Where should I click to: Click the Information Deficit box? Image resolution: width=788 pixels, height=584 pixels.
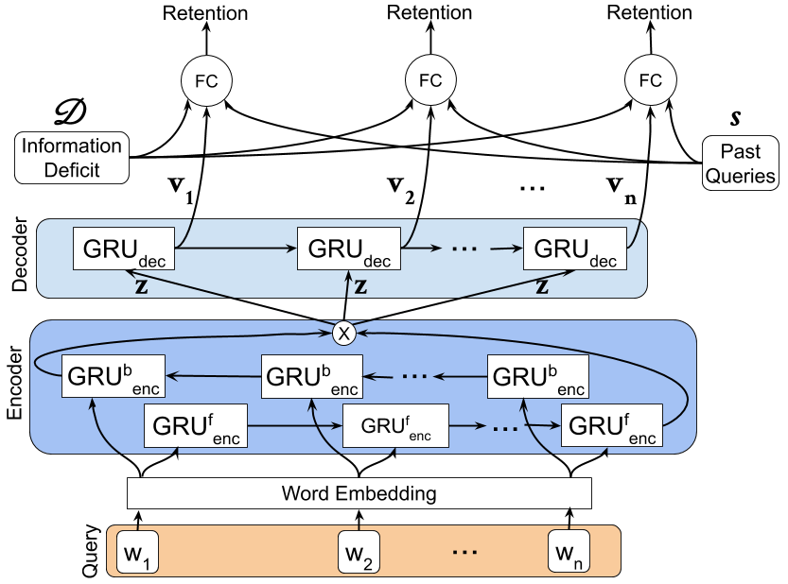click(72, 159)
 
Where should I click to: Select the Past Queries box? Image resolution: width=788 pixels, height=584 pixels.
click(740, 163)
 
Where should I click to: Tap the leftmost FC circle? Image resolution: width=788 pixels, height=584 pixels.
click(206, 81)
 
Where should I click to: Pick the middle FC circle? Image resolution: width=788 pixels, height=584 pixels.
click(430, 81)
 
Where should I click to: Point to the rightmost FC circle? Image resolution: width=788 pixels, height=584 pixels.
click(651, 81)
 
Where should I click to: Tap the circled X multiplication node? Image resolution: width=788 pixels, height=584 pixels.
click(343, 334)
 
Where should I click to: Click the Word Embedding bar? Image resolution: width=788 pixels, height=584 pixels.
click(359, 493)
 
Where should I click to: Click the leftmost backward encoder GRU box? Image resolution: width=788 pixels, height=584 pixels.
click(112, 377)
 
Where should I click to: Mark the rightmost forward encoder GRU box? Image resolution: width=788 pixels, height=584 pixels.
click(612, 425)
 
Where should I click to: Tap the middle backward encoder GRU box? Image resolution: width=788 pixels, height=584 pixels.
click(312, 377)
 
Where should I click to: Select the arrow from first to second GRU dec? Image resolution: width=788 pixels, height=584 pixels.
click(236, 249)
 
